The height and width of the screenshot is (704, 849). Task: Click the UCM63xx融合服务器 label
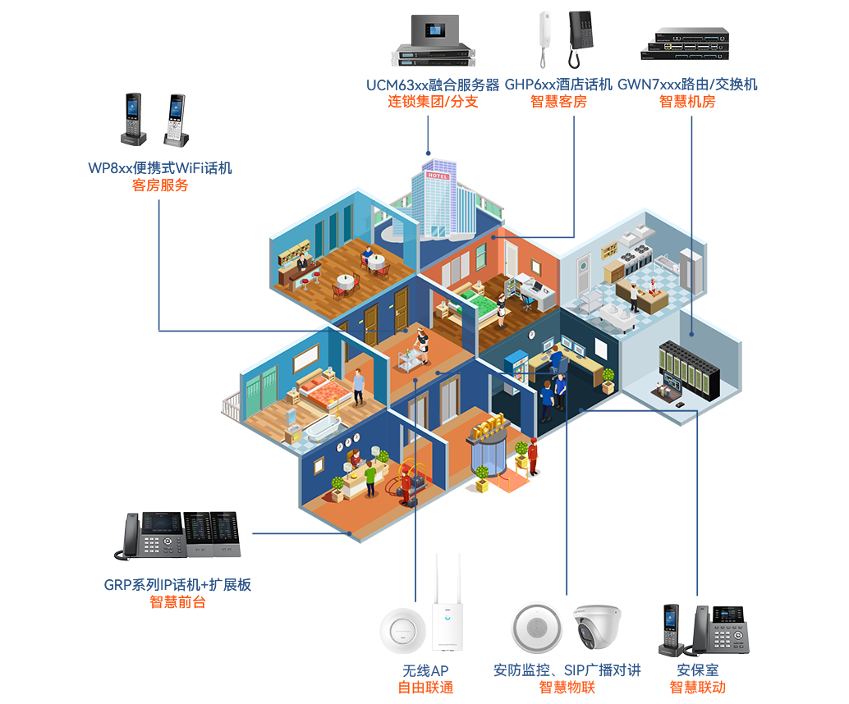click(433, 85)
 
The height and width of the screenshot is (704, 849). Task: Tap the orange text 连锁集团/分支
click(433, 102)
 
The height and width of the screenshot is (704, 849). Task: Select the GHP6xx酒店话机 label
click(558, 85)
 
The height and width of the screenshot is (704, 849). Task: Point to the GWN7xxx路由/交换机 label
click(687, 85)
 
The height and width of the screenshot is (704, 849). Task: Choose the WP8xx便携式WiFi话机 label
click(160, 168)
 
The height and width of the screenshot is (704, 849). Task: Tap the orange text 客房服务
click(160, 185)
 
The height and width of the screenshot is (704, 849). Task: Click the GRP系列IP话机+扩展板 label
click(177, 585)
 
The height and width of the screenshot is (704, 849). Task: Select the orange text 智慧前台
click(177, 602)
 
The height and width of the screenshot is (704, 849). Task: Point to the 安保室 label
click(698, 670)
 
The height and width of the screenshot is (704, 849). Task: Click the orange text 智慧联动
click(698, 688)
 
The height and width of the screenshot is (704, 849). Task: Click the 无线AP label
click(425, 670)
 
